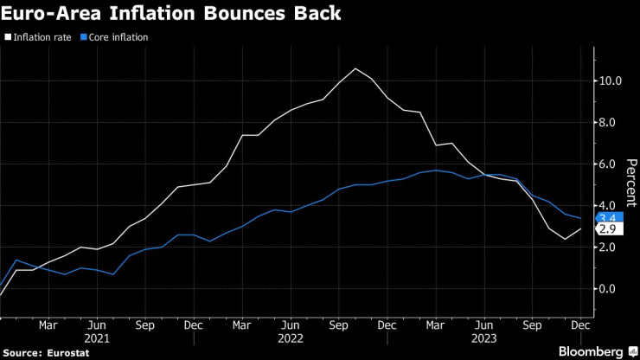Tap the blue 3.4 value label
point(607,217)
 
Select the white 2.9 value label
point(607,229)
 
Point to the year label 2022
point(290,337)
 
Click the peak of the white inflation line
point(355,68)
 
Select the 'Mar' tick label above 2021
point(48,325)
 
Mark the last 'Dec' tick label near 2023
point(581,325)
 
